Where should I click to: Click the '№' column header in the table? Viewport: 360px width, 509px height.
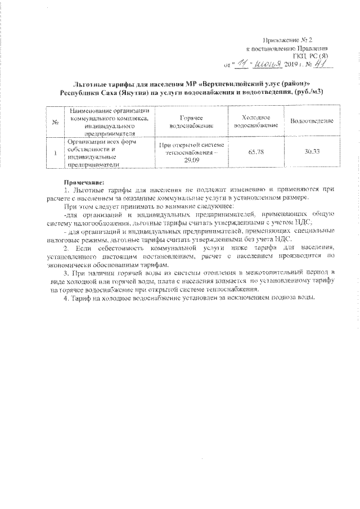(x=55, y=121)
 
